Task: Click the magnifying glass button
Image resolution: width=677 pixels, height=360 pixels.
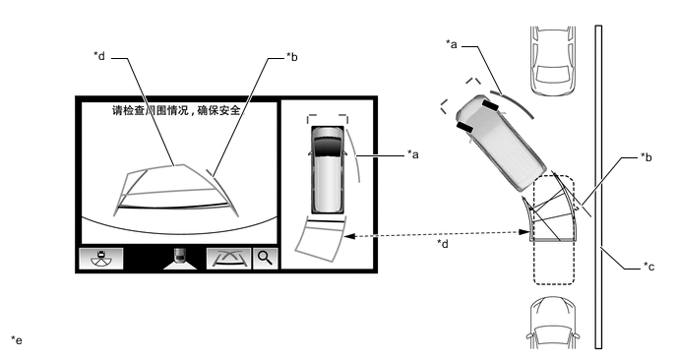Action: [x=265, y=258]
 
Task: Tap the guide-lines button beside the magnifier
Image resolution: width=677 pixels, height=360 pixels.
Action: [x=229, y=258]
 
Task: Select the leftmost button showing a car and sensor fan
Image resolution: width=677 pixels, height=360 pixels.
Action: [x=101, y=258]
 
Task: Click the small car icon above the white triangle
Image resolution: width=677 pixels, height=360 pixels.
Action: [x=180, y=255]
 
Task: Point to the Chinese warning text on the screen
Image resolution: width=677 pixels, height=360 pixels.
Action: [x=178, y=110]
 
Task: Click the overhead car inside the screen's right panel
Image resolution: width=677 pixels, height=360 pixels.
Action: [x=328, y=169]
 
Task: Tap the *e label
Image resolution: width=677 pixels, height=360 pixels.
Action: [x=17, y=340]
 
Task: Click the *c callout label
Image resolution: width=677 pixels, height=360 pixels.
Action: [x=648, y=267]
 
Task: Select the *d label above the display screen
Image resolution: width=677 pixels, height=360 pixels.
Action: [x=99, y=56]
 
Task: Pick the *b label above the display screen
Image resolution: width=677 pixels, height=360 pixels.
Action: [x=292, y=57]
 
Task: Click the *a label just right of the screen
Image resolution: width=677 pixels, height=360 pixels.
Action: [x=412, y=154]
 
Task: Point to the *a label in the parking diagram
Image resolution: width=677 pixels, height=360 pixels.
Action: [x=452, y=44]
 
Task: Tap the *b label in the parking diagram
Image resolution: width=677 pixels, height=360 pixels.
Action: [x=646, y=157]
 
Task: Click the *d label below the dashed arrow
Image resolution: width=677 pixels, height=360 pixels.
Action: [x=443, y=244]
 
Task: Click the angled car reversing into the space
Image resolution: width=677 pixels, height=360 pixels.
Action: [x=501, y=143]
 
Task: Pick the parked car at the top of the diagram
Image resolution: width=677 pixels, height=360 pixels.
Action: [x=553, y=60]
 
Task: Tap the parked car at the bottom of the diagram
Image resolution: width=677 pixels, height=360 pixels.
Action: [x=553, y=323]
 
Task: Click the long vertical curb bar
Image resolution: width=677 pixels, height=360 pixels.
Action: [x=598, y=187]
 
